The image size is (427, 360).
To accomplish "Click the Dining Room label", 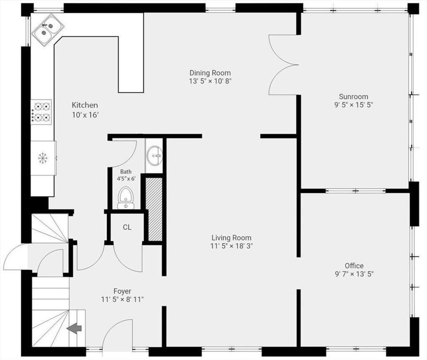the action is pyautogui.click(x=210, y=73).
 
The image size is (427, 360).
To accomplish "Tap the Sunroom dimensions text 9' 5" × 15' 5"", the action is pyautogui.click(x=354, y=105).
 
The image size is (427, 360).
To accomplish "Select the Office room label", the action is pyautogui.click(x=354, y=265).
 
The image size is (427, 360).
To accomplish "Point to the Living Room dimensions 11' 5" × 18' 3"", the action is pyautogui.click(x=231, y=246).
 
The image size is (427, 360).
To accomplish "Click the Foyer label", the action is pyautogui.click(x=122, y=291).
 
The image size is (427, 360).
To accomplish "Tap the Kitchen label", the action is pyautogui.click(x=85, y=105).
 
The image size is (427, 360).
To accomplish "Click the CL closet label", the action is pyautogui.click(x=127, y=227).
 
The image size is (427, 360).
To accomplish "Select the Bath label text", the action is pyautogui.click(x=126, y=172).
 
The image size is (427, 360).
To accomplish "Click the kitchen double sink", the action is pyautogui.click(x=48, y=30).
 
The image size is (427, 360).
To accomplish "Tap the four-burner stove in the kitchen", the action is pyautogui.click(x=41, y=112).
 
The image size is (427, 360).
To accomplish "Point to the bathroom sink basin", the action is pyautogui.click(x=154, y=156).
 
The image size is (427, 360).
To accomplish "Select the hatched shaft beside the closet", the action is pyautogui.click(x=154, y=209).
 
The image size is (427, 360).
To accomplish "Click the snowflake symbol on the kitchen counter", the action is pyautogui.click(x=43, y=158).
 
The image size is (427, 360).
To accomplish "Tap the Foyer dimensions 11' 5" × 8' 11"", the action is pyautogui.click(x=122, y=300).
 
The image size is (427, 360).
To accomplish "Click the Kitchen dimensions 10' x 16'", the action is pyautogui.click(x=85, y=115).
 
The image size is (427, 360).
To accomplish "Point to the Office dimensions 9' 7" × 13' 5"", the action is pyautogui.click(x=354, y=274).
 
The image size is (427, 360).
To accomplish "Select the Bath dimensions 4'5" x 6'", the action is pyautogui.click(x=126, y=179).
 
